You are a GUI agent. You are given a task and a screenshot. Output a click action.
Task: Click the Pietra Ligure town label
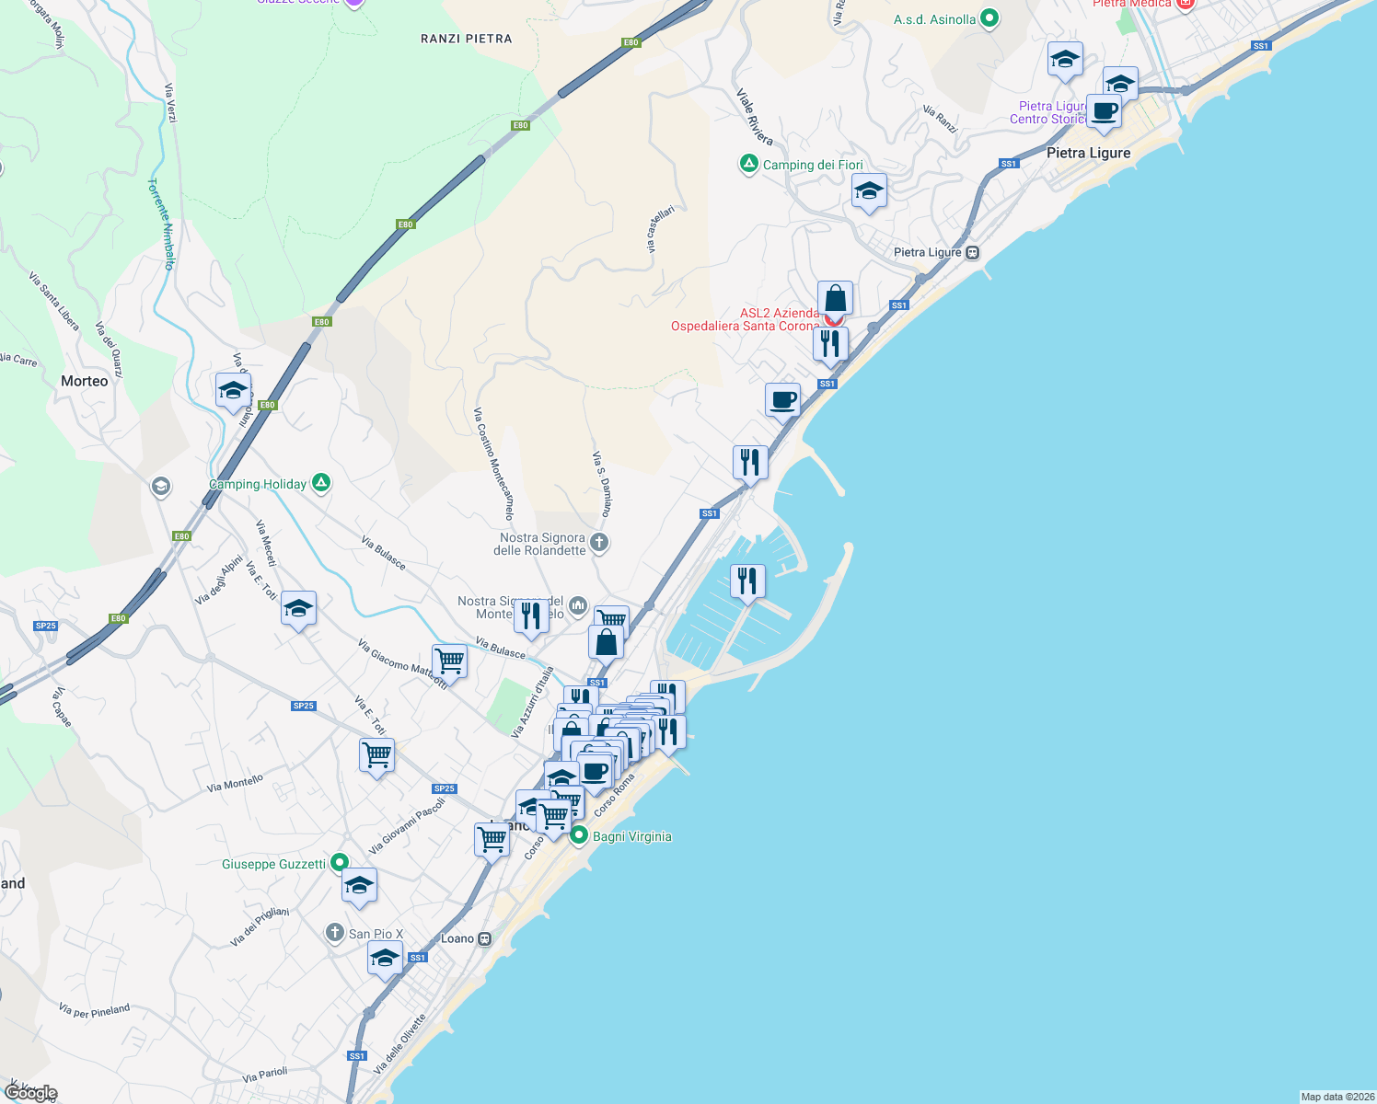pyautogui.click(x=1088, y=153)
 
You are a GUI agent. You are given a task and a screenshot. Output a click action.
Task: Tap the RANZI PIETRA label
pyautogui.click(x=466, y=39)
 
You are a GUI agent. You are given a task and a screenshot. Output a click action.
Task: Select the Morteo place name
pyautogui.click(x=84, y=381)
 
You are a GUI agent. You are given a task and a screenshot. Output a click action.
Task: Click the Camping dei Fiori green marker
pyautogui.click(x=749, y=165)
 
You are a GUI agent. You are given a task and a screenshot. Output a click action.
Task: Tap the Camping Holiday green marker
pyautogui.click(x=320, y=482)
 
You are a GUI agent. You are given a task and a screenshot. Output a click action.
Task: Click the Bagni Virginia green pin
pyautogui.click(x=579, y=835)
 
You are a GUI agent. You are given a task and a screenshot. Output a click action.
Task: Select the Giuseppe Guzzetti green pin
pyautogui.click(x=339, y=863)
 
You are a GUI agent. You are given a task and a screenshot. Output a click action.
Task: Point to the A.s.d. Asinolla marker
pyautogui.click(x=989, y=18)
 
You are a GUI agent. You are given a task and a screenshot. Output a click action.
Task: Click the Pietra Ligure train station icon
pyautogui.click(x=973, y=252)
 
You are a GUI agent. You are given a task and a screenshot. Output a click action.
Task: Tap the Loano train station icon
pyautogui.click(x=485, y=938)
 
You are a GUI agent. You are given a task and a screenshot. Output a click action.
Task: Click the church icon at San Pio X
pyautogui.click(x=335, y=933)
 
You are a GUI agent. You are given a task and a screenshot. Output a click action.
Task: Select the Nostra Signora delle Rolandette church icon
pyautogui.click(x=599, y=542)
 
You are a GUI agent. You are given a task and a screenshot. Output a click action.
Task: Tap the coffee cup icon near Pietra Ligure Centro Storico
pyautogui.click(x=1104, y=111)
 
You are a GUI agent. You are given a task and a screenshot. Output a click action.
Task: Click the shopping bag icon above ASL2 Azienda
pyautogui.click(x=835, y=299)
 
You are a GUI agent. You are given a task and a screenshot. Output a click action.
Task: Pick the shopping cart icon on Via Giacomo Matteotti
pyautogui.click(x=449, y=660)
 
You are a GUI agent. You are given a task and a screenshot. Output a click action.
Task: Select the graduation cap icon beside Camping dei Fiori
pyautogui.click(x=869, y=191)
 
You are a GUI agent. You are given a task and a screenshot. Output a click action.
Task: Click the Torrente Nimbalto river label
pyautogui.click(x=162, y=224)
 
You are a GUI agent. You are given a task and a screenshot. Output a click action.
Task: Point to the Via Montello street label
pyautogui.click(x=235, y=783)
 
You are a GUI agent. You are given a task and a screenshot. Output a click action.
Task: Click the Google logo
pyautogui.click(x=31, y=1092)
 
